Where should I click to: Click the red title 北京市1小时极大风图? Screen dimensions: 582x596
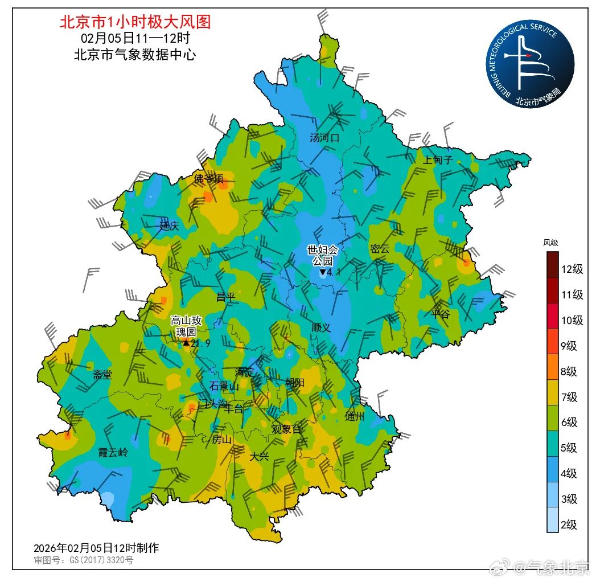click(135, 22)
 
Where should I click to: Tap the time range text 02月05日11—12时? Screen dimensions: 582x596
click(135, 39)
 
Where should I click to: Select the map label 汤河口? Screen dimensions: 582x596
click(324, 138)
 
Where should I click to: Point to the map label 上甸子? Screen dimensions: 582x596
click(437, 160)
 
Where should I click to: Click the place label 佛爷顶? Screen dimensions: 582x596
click(208, 179)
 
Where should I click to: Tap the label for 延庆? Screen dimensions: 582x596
click(169, 226)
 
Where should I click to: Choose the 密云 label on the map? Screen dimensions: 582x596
click(380, 249)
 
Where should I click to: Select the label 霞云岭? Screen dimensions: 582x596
click(113, 453)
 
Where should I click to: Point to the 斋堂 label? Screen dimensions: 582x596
click(102, 375)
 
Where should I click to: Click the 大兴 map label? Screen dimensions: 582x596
click(259, 456)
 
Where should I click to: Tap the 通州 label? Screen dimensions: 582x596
click(355, 416)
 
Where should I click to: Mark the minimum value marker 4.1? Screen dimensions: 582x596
click(330, 273)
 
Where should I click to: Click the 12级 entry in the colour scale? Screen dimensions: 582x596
click(572, 269)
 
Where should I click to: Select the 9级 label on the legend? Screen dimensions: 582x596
click(569, 346)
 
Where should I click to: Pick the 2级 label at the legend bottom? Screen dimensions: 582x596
click(569, 524)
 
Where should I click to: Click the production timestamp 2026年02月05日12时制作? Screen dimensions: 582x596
click(96, 548)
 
